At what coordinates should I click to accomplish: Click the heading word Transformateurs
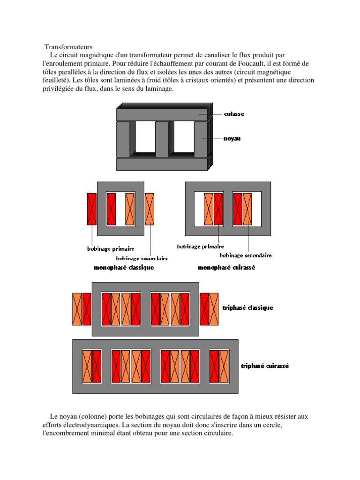(x=69, y=47)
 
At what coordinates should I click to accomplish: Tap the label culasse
(x=234, y=114)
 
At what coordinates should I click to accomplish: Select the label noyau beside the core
(x=232, y=139)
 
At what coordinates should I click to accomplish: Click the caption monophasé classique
(x=124, y=268)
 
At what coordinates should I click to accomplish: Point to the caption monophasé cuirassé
(x=226, y=268)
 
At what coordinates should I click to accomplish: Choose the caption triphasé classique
(x=247, y=308)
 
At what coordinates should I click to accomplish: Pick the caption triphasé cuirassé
(x=264, y=366)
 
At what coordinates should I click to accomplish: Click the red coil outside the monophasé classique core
(x=92, y=209)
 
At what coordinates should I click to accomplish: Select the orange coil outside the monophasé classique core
(x=150, y=209)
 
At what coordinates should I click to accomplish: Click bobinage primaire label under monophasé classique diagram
(x=111, y=248)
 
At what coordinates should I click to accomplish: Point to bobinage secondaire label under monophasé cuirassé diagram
(x=246, y=255)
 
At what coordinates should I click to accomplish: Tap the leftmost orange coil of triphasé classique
(x=77, y=309)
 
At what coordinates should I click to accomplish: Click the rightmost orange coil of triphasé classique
(x=214, y=309)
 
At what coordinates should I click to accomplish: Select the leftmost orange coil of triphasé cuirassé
(x=87, y=366)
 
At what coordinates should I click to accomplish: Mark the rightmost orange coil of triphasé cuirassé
(x=224, y=366)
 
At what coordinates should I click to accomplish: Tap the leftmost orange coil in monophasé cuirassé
(x=209, y=209)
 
